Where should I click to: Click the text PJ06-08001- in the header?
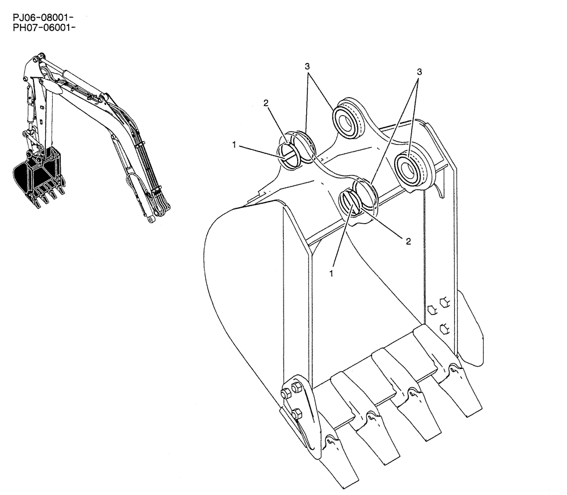pyautogui.click(x=44, y=18)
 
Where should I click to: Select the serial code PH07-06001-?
pyautogui.click(x=44, y=27)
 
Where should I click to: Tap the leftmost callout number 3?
pyautogui.click(x=307, y=66)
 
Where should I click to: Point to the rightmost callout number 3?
pyautogui.click(x=420, y=72)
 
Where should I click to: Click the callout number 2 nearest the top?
pyautogui.click(x=265, y=103)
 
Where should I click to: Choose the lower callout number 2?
pyautogui.click(x=408, y=241)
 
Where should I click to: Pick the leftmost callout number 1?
pyautogui.click(x=234, y=145)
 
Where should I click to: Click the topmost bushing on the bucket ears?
pyautogui.click(x=345, y=119)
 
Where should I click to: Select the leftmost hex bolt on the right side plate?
pyautogui.click(x=430, y=309)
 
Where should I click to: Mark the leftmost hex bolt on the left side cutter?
pyautogui.click(x=285, y=391)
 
